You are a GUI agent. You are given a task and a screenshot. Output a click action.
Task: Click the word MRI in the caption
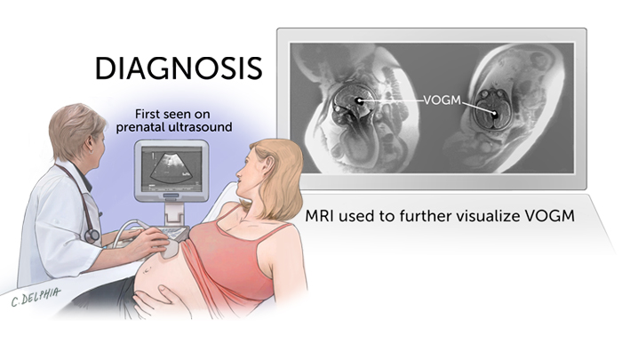click(323, 216)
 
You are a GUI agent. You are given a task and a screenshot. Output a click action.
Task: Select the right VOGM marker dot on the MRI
click(493, 114)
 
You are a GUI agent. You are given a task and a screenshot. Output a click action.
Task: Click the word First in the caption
click(151, 114)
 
